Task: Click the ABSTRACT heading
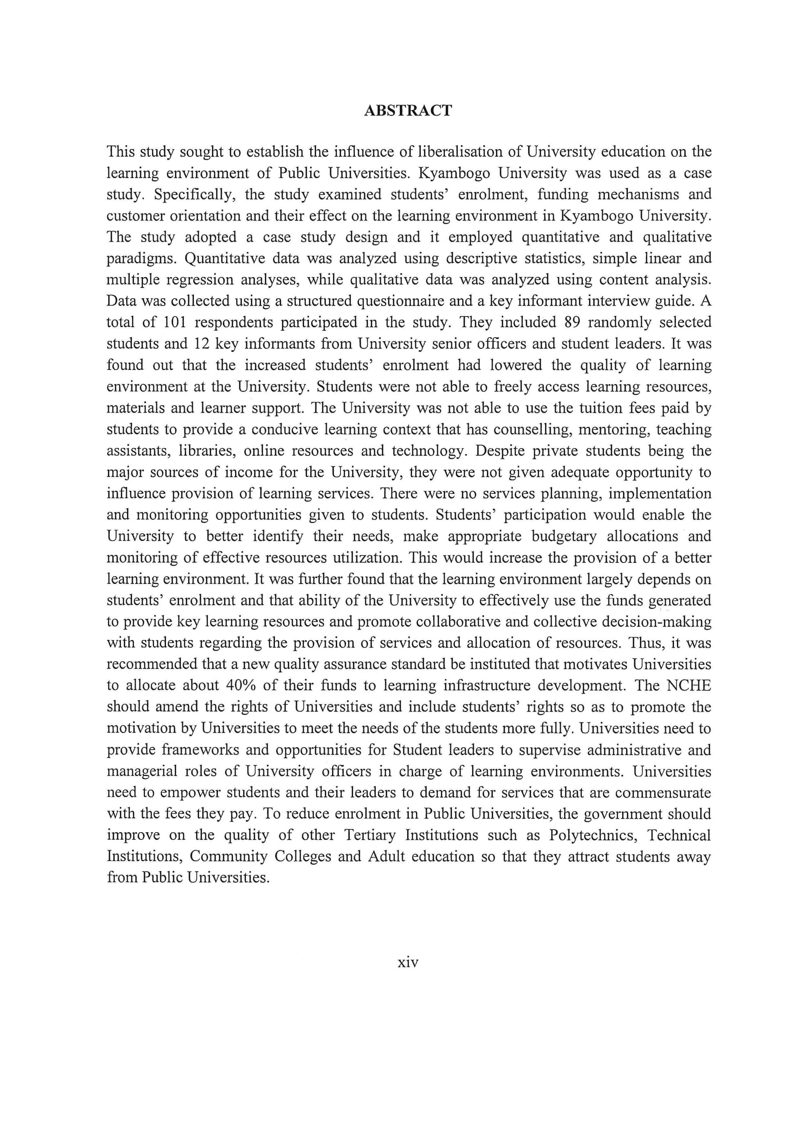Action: [408, 111]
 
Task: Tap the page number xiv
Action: [408, 962]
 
